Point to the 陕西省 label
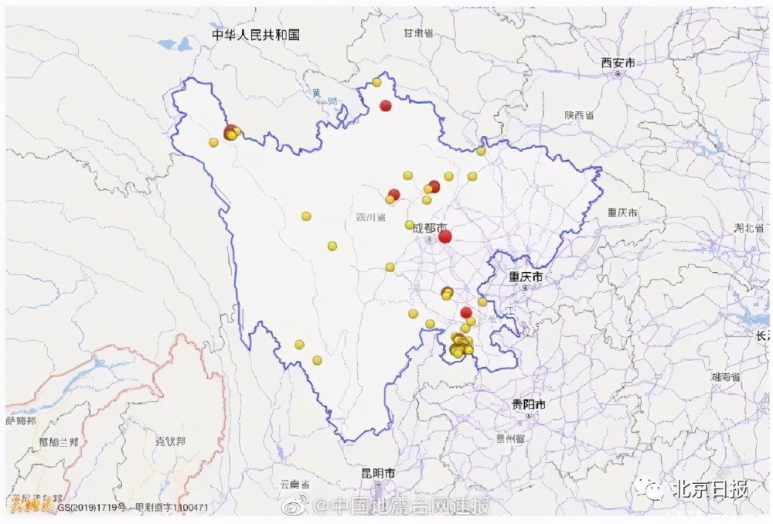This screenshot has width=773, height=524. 579,114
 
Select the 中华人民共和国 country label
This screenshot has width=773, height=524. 257,35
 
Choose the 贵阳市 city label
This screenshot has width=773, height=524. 529,404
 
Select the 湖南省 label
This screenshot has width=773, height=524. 726,377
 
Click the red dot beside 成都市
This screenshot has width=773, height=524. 444,236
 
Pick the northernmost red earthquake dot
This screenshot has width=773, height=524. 386,106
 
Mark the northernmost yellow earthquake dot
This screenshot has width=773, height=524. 376,82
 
